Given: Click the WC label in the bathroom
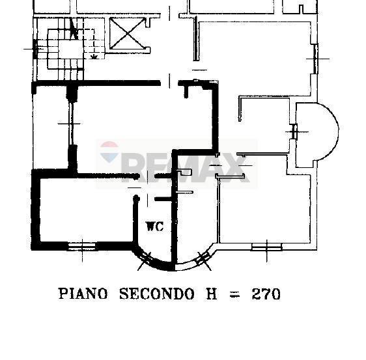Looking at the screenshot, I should click(x=154, y=227).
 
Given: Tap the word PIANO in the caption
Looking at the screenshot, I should click(x=83, y=294).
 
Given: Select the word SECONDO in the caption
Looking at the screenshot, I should click(x=156, y=294).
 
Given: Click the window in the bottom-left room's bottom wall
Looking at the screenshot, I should click(x=81, y=245).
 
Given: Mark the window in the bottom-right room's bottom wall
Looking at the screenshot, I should click(x=266, y=245).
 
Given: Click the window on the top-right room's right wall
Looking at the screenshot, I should click(x=315, y=58).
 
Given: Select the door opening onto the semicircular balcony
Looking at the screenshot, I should click(x=295, y=132).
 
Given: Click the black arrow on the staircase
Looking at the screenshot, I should click(x=75, y=30).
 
